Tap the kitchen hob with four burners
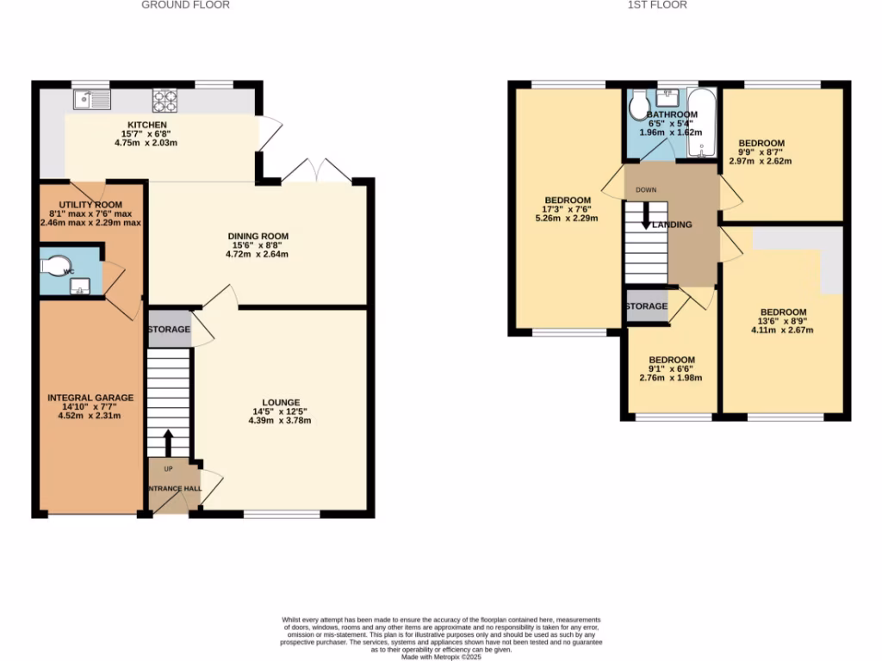[x=165, y=102]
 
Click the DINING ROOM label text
[x=258, y=236]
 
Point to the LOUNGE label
[x=282, y=402]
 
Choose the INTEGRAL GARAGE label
[x=90, y=398]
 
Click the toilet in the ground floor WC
[x=59, y=267]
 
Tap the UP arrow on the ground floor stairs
[x=168, y=443]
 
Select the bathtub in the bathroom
[x=701, y=124]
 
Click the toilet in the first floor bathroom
[x=638, y=108]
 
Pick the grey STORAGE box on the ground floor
[x=169, y=330]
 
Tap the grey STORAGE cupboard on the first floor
[x=646, y=306]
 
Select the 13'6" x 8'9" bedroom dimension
[x=783, y=321]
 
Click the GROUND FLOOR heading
[x=185, y=5]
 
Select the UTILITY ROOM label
[x=90, y=204]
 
